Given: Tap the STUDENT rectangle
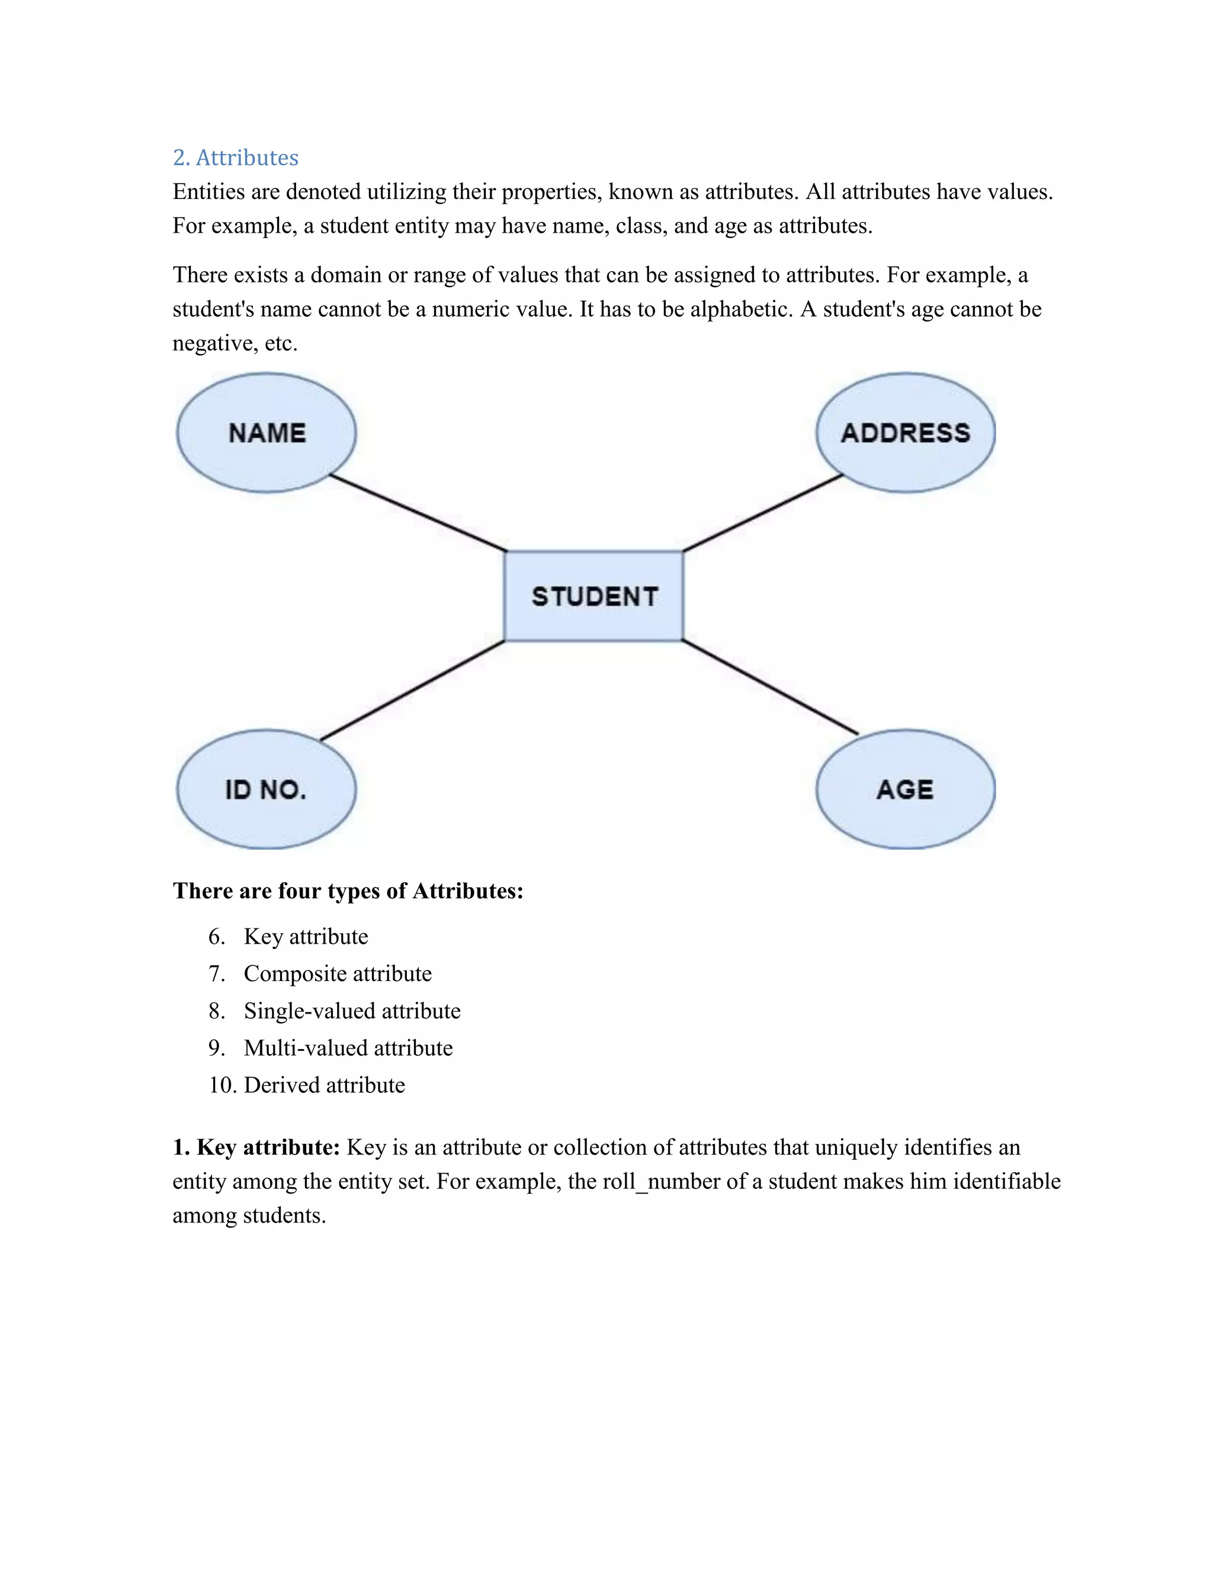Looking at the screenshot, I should pyautogui.click(x=593, y=596).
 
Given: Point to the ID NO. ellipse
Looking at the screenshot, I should pyautogui.click(x=266, y=789).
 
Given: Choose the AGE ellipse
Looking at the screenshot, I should pyautogui.click(x=906, y=789).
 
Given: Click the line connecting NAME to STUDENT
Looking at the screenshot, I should pyautogui.click(x=418, y=513).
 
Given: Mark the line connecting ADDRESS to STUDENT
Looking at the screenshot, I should pyautogui.click(x=762, y=513).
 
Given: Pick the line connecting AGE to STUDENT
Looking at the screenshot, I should pyautogui.click(x=769, y=687).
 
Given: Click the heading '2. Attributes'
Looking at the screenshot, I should pyautogui.click(x=236, y=157).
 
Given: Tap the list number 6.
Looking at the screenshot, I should pyautogui.click(x=216, y=937).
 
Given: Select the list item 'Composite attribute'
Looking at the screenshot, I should pyautogui.click(x=338, y=973).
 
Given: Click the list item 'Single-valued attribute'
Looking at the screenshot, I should pyautogui.click(x=352, y=1011).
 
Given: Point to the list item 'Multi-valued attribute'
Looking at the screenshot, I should pyautogui.click(x=348, y=1048).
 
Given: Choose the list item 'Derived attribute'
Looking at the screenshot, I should pyautogui.click(x=324, y=1085).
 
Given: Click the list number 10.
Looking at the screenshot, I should pyautogui.click(x=223, y=1085).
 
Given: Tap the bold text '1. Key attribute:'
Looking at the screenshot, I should pyautogui.click(x=256, y=1147).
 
